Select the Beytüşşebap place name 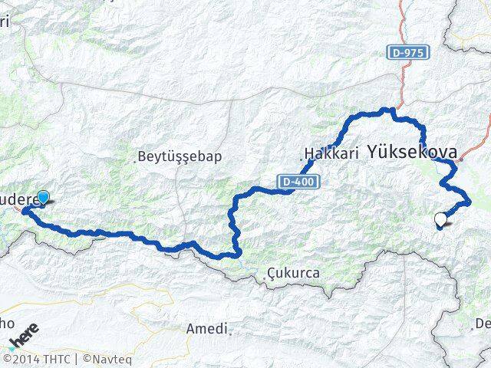click(181, 157)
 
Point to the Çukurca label click(295, 273)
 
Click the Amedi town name click(206, 329)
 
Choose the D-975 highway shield click(407, 53)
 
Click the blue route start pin click(43, 199)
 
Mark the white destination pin click(440, 221)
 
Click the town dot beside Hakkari click(302, 159)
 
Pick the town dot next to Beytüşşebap click(136, 160)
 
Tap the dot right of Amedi click(230, 333)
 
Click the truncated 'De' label click(483, 324)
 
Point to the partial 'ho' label click(5, 322)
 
